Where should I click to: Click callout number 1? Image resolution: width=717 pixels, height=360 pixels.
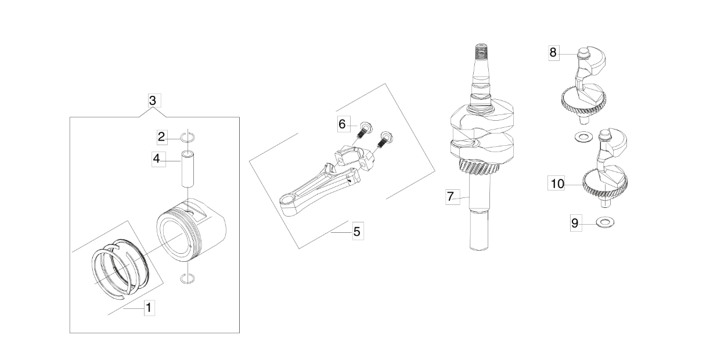[x=149, y=308]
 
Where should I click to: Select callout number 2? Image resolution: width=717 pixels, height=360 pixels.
[x=161, y=137]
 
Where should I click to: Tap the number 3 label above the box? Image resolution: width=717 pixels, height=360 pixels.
[x=153, y=100]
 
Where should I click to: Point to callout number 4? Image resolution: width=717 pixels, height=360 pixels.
[x=157, y=159]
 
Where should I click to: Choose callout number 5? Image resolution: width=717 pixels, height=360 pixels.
[x=357, y=231]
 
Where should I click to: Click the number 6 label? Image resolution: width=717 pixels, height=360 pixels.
[x=342, y=124]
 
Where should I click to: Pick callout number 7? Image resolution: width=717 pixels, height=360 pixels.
[x=451, y=196]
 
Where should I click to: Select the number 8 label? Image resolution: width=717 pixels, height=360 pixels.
[x=553, y=52]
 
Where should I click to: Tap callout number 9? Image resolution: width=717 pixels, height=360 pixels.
[x=575, y=223]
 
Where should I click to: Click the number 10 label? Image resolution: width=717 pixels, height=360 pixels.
[x=557, y=183]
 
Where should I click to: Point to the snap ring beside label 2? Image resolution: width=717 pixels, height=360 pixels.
[x=188, y=138]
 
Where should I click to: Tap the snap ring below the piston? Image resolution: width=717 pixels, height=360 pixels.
[x=188, y=279]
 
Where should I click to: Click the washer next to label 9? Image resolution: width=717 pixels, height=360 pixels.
[x=605, y=222]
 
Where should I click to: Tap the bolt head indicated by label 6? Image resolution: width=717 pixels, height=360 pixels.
[x=366, y=127]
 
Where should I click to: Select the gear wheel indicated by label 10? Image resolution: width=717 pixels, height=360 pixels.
[x=605, y=188]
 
